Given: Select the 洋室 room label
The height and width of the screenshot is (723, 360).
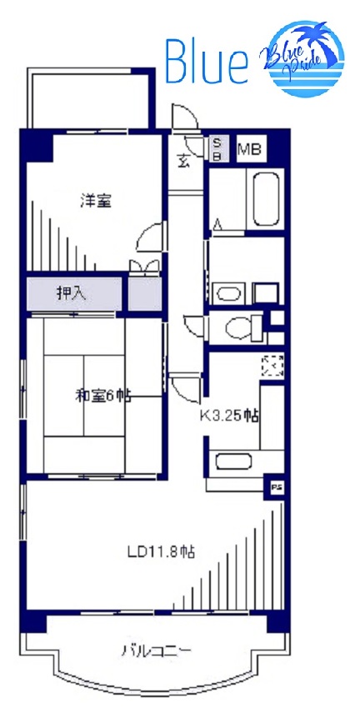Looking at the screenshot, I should point(95,201).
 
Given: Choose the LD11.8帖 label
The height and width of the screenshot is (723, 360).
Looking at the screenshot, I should point(161,551).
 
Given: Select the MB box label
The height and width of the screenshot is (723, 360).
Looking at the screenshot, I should point(250,151).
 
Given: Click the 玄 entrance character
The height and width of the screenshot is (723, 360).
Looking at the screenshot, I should point(182,162).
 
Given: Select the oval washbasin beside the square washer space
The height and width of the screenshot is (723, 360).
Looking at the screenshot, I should point(227,293).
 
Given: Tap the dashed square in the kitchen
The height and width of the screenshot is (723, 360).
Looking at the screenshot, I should point(272,365).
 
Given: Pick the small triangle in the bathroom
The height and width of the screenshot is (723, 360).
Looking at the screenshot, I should point(217,223).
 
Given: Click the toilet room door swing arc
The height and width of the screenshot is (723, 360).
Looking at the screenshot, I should point(194,324).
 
